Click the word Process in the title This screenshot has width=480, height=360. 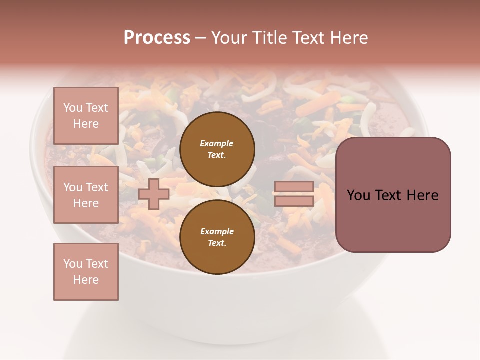coord(157,38)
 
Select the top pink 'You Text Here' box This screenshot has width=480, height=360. coord(86,116)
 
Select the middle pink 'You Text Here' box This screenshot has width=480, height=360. coord(86,195)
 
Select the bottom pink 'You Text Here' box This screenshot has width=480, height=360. coord(86,271)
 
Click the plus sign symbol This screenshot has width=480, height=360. coord(154,194)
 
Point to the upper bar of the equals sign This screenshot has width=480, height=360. coord(294,186)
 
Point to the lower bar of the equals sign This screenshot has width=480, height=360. coord(294,201)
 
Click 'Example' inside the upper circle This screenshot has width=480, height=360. coord(217,143)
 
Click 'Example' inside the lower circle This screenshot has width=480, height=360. coord(217,231)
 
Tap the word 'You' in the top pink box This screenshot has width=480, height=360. coord(72,108)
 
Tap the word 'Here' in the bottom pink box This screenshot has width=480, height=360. coord(86,280)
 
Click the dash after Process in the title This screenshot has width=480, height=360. coord(200,38)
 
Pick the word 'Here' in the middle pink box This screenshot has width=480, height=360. coord(86,203)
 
